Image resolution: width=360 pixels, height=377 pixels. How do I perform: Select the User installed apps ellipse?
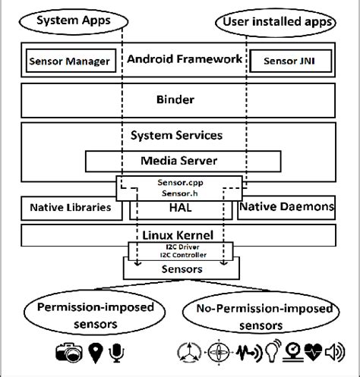coord(277,21)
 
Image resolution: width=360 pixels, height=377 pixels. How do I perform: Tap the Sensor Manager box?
coord(69,60)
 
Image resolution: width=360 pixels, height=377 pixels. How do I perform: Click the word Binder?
coord(180,99)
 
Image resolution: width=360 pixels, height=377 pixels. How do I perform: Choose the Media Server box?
coord(180,161)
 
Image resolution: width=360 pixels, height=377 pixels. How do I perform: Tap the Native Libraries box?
coord(69,207)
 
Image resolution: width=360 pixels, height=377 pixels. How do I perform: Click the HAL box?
coord(180,207)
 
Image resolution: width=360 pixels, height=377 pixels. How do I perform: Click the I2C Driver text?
coord(180,247)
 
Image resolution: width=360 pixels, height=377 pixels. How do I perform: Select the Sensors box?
coord(180,269)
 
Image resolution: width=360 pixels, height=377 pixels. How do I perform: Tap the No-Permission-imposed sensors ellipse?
coord(261,315)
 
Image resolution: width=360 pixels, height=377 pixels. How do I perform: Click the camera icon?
coord(69,352)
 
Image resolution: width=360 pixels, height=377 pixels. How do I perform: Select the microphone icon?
coord(118,352)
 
